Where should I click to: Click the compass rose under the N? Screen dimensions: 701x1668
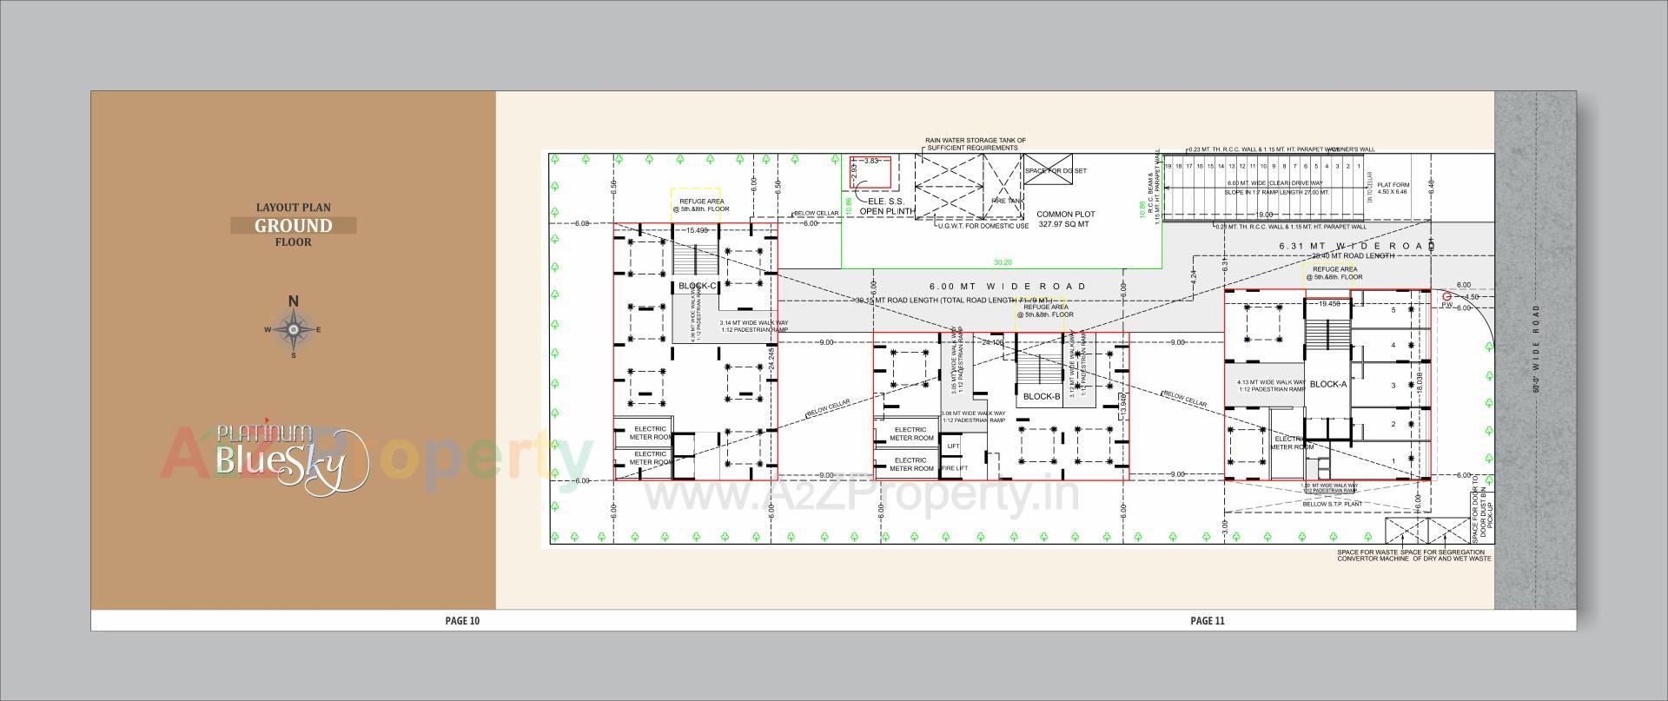tap(294, 329)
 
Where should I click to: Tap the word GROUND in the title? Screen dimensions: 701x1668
tap(293, 226)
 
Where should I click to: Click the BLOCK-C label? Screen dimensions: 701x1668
tap(698, 286)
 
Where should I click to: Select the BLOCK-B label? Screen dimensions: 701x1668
tap(1042, 397)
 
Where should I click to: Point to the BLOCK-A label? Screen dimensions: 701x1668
tap(1327, 384)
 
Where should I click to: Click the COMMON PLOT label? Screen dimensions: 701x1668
tap(1065, 214)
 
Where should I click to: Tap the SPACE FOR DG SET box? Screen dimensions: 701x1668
tap(1056, 171)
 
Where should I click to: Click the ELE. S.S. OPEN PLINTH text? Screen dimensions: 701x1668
tap(886, 207)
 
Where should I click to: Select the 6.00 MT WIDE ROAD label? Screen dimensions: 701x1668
tap(1008, 286)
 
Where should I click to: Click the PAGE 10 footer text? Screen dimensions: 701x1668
tap(462, 621)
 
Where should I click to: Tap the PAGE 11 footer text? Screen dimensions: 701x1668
tap(1207, 621)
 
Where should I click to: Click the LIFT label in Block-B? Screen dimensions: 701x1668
tap(953, 446)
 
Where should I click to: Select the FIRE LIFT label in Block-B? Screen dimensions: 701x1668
tap(954, 468)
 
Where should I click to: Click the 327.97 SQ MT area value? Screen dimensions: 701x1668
tap(1063, 224)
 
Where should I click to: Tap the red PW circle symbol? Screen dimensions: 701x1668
tap(1446, 297)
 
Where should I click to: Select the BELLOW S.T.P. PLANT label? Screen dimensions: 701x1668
tap(1331, 504)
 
